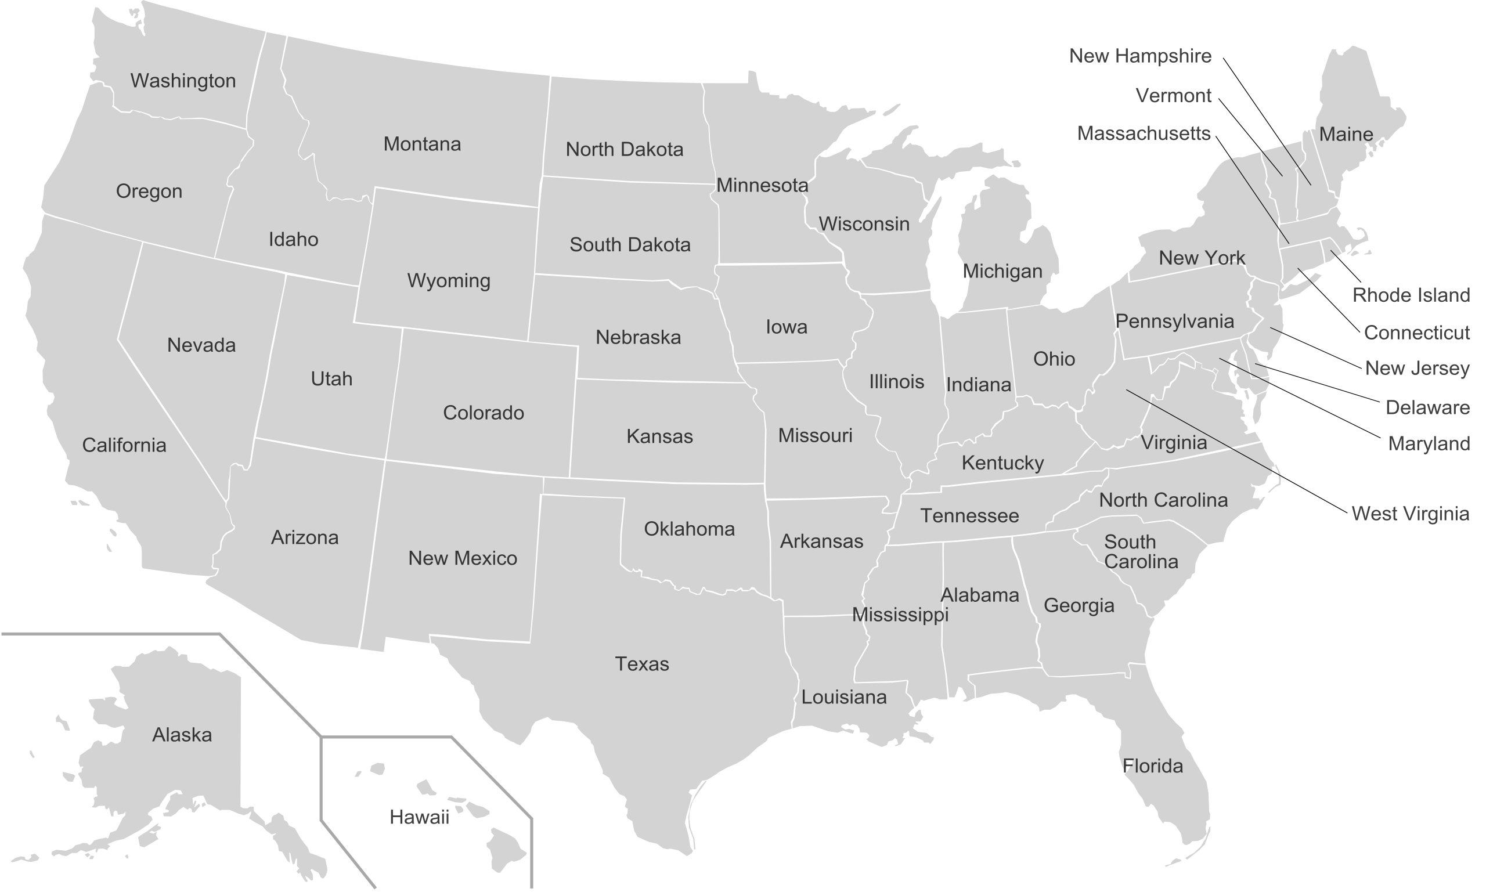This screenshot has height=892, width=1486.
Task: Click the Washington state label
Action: (x=183, y=81)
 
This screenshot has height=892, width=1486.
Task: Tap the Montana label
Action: (x=422, y=145)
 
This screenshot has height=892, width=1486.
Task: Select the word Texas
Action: (x=641, y=663)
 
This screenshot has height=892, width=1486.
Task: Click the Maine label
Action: (x=1346, y=134)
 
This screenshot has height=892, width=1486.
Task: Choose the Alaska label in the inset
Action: (x=182, y=735)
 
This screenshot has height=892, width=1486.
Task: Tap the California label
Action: (x=124, y=445)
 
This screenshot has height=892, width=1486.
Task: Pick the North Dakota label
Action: (x=624, y=149)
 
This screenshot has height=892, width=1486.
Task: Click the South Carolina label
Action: (x=1141, y=552)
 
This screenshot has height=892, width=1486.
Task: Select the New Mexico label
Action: (x=462, y=558)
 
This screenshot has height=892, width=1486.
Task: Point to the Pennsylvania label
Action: (x=1175, y=321)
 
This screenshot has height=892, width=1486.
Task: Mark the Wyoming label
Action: (x=449, y=281)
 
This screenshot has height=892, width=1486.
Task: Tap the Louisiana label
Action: (x=843, y=697)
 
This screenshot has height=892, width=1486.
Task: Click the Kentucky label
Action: (x=1002, y=463)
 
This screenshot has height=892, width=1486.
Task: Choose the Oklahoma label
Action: (x=689, y=529)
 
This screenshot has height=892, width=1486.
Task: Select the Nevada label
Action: (x=201, y=345)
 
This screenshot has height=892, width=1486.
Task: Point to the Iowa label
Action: (x=786, y=327)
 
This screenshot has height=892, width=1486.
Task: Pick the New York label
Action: (x=1201, y=258)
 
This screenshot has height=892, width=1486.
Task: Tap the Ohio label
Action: (x=1054, y=359)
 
